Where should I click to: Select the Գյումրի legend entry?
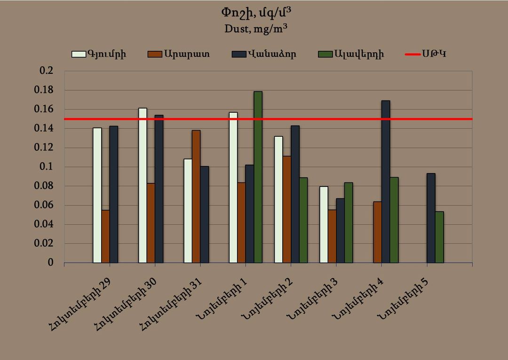click(99, 54)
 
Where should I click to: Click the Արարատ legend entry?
click(179, 54)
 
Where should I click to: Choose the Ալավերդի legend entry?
click(351, 54)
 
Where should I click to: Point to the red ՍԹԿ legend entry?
click(426, 54)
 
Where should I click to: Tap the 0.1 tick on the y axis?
click(49, 167)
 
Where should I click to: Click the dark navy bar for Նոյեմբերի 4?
click(386, 181)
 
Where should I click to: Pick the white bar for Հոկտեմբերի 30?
click(143, 185)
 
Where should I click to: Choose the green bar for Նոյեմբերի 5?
click(439, 237)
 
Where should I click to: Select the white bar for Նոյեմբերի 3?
click(324, 224)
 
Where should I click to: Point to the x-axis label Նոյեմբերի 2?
click(264, 300)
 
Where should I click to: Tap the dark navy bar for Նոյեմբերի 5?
click(431, 218)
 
